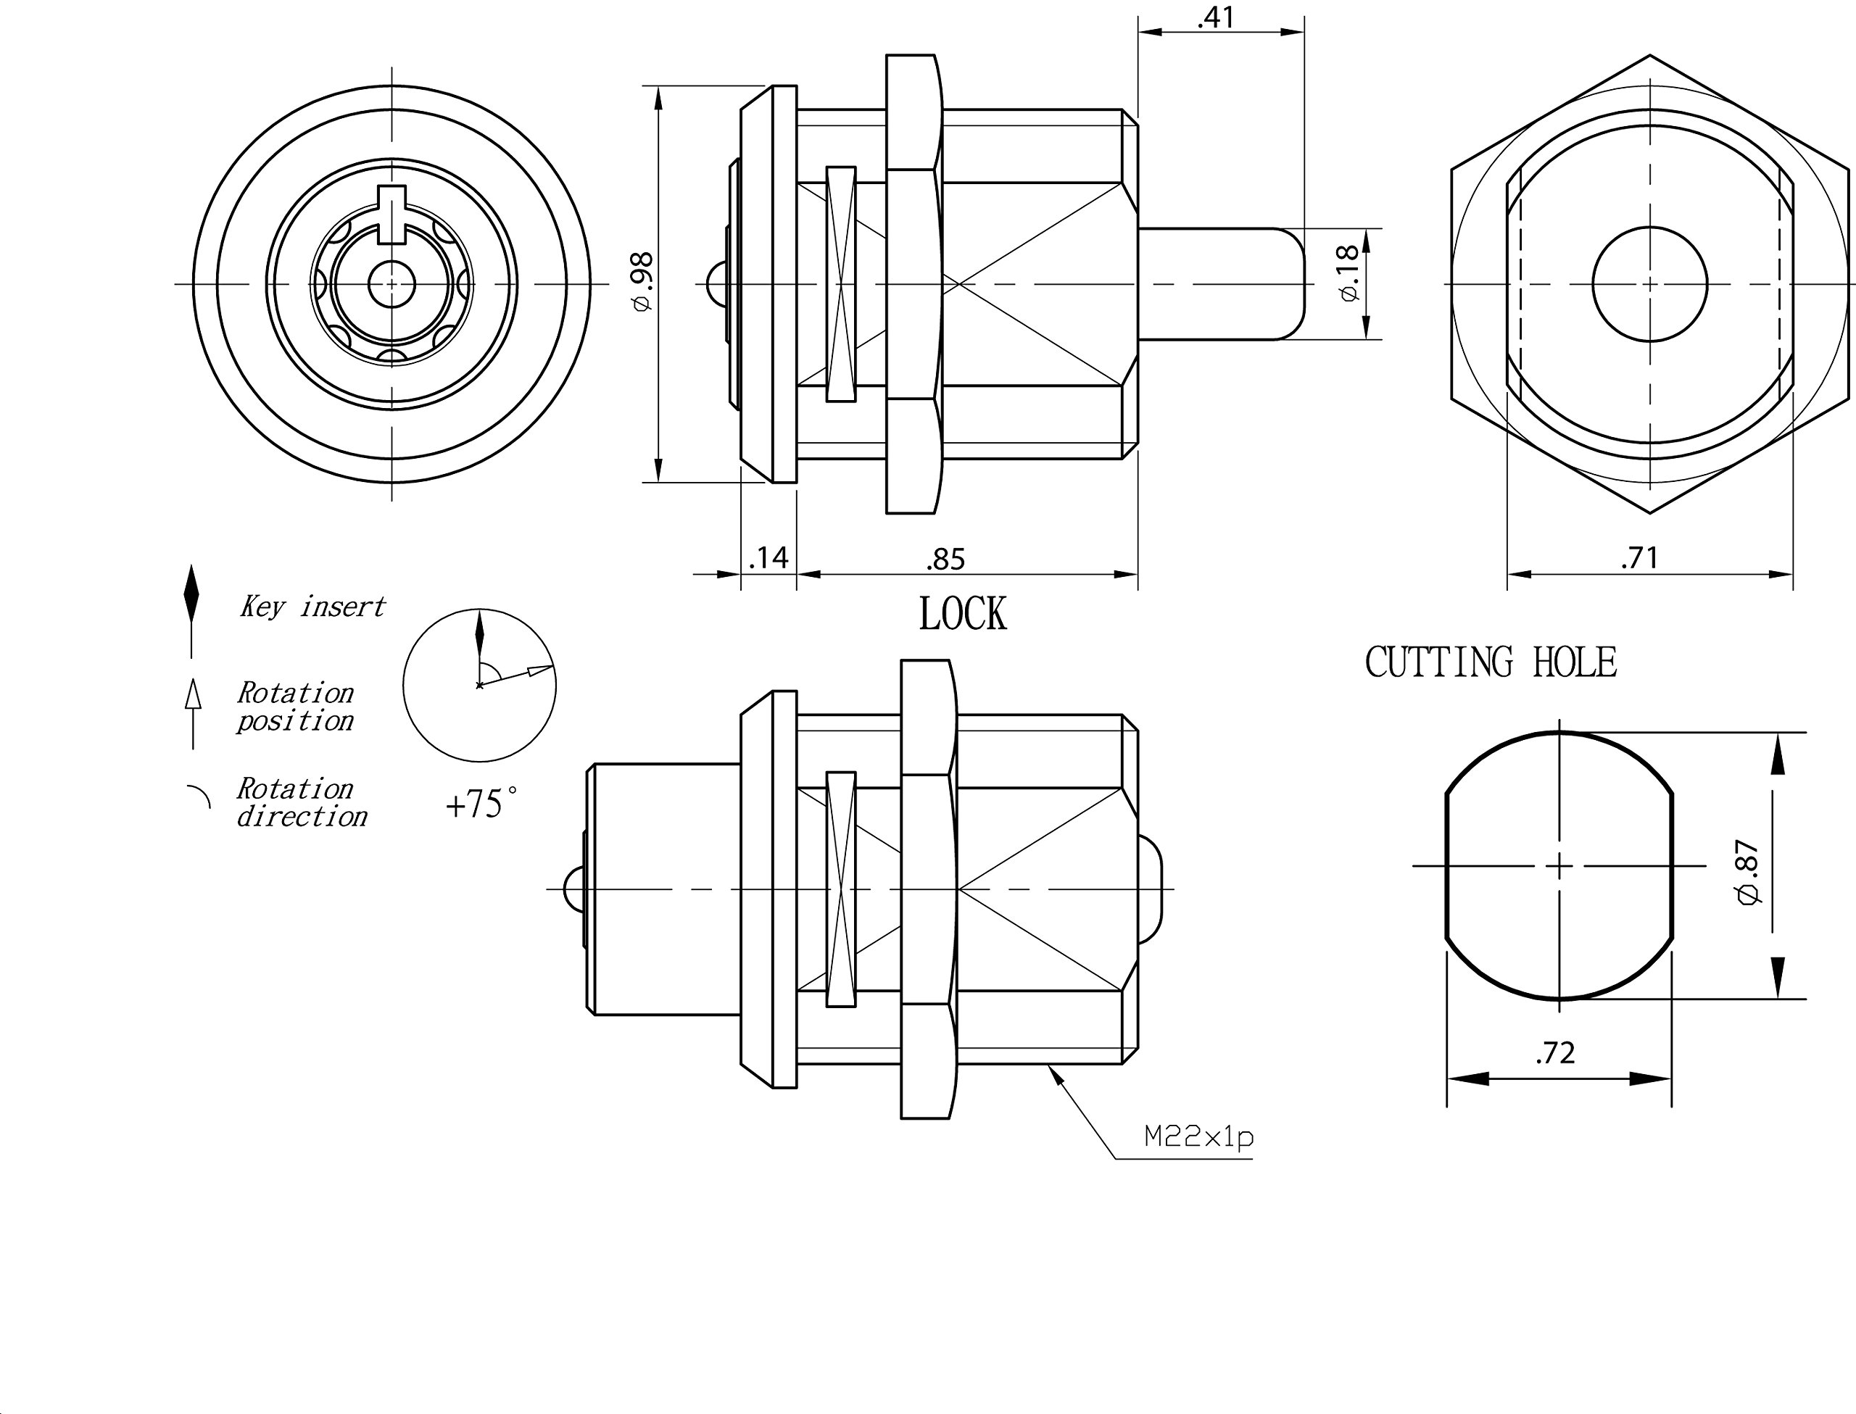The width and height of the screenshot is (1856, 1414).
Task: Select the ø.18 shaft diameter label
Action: point(1348,272)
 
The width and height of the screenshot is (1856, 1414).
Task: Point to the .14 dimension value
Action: point(768,557)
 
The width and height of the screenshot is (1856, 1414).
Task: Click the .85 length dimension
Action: point(945,559)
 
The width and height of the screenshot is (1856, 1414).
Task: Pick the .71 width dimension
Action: point(1638,557)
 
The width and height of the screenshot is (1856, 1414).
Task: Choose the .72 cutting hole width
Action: point(1554,1052)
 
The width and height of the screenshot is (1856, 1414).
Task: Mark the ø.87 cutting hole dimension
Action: point(1748,873)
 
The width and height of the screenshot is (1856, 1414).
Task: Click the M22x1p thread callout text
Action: point(1198,1137)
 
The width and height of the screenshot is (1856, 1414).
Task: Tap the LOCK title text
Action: point(962,614)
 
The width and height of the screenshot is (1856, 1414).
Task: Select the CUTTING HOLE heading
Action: point(1491,662)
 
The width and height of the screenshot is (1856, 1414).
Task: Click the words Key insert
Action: point(312,606)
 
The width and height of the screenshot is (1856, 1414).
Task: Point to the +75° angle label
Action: point(481,804)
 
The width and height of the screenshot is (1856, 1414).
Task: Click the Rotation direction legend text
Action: point(302,802)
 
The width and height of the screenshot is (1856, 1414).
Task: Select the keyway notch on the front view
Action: point(391,215)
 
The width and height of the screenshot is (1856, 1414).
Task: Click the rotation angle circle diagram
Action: point(403,685)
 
